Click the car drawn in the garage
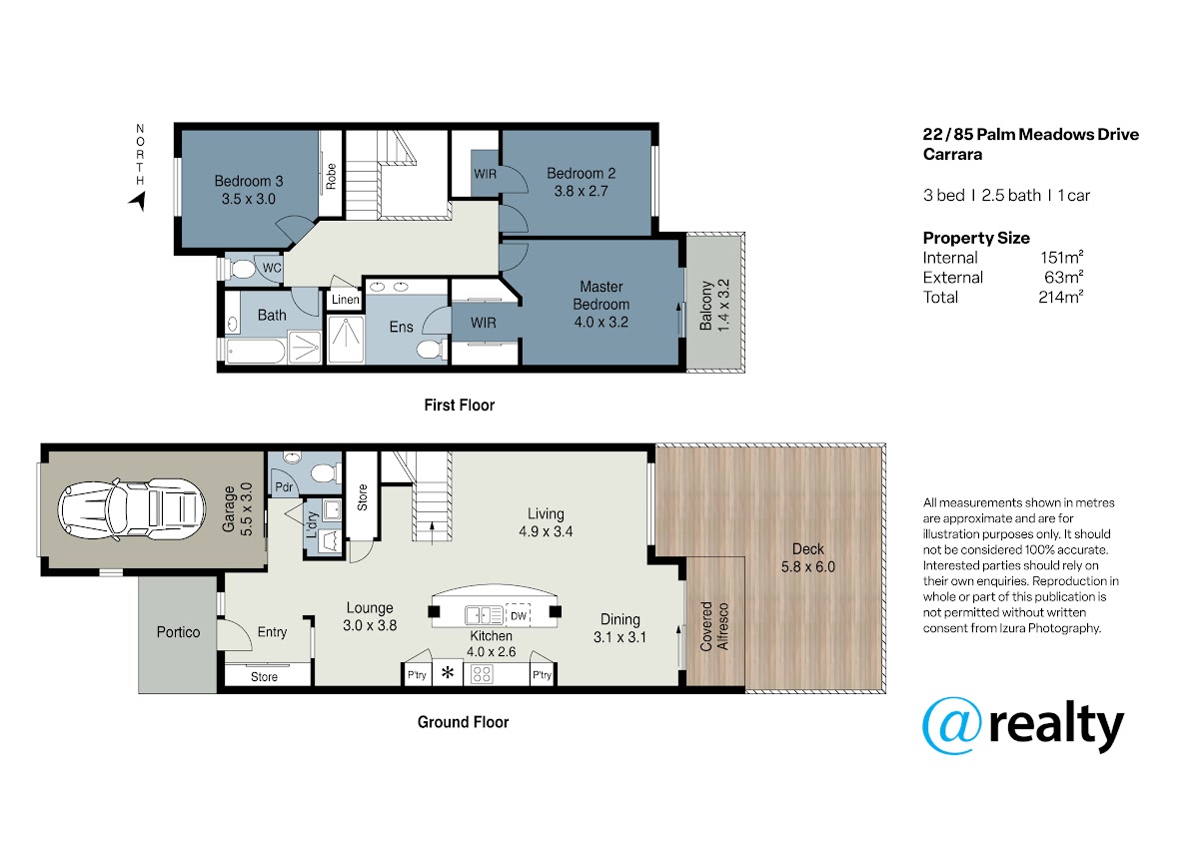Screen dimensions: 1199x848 (132, 508)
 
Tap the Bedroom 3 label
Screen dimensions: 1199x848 (249, 181)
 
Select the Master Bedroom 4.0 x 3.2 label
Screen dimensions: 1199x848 (601, 304)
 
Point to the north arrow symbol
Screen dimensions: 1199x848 (138, 201)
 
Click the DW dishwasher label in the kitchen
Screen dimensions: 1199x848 (519, 616)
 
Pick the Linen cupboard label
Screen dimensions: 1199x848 (346, 299)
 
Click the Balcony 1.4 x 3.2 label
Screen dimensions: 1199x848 (714, 305)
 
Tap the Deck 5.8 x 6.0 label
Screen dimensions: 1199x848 (807, 557)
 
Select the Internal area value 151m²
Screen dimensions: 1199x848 (1062, 257)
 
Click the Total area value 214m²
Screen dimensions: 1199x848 (1061, 297)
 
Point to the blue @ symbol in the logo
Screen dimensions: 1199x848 (952, 725)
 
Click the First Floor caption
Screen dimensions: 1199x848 (460, 405)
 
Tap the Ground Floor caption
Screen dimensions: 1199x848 (463, 722)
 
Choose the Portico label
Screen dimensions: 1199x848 (178, 632)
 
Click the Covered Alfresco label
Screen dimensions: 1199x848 (714, 626)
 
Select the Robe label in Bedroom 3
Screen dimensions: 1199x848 (331, 176)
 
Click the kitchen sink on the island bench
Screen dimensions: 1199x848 (484, 615)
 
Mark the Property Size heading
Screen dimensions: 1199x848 (976, 238)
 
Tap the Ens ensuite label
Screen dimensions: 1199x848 (401, 327)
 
